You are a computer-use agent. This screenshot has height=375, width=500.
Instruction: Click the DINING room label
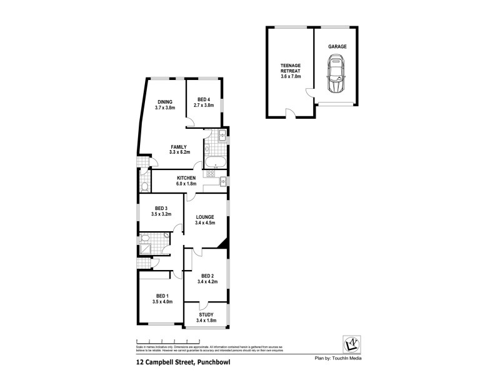click(164, 102)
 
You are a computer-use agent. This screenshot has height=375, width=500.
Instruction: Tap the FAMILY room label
click(179, 147)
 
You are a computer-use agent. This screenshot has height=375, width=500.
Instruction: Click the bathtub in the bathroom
click(216, 164)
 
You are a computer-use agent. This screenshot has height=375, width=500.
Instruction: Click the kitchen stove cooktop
click(223, 181)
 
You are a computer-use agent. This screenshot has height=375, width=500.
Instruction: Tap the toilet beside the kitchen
click(144, 186)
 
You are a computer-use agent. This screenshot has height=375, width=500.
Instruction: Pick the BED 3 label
click(161, 208)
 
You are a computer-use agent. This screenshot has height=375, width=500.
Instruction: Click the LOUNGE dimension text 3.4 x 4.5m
click(205, 223)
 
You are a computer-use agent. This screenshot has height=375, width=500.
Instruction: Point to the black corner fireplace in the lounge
click(223, 244)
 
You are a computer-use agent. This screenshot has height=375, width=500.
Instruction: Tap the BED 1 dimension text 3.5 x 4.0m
click(162, 302)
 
